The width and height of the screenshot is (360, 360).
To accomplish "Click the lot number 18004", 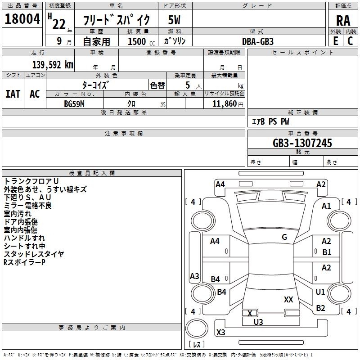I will click(22, 19).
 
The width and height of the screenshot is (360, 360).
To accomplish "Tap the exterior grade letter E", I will click(335, 40).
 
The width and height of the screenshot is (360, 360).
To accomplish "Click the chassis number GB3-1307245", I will click(302, 143).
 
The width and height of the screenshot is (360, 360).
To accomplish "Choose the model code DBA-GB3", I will click(258, 41).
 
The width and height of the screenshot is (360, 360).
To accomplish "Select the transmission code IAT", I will click(13, 94).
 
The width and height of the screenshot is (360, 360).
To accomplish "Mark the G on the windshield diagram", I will click(284, 237).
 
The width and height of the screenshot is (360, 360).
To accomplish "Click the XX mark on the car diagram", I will click(288, 299).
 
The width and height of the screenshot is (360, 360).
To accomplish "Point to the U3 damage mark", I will click(258, 322).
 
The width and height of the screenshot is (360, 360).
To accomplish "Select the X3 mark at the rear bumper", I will click(221, 333).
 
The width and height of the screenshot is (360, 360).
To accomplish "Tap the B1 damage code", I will click(327, 252).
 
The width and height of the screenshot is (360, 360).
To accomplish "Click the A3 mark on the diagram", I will click(194, 276).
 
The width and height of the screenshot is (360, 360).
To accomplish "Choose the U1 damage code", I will click(320, 292).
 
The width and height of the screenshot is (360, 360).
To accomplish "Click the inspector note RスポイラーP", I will click(24, 262).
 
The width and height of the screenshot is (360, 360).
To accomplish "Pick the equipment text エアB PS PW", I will click(270, 121).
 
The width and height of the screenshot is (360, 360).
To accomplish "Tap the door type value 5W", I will click(174, 20).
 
